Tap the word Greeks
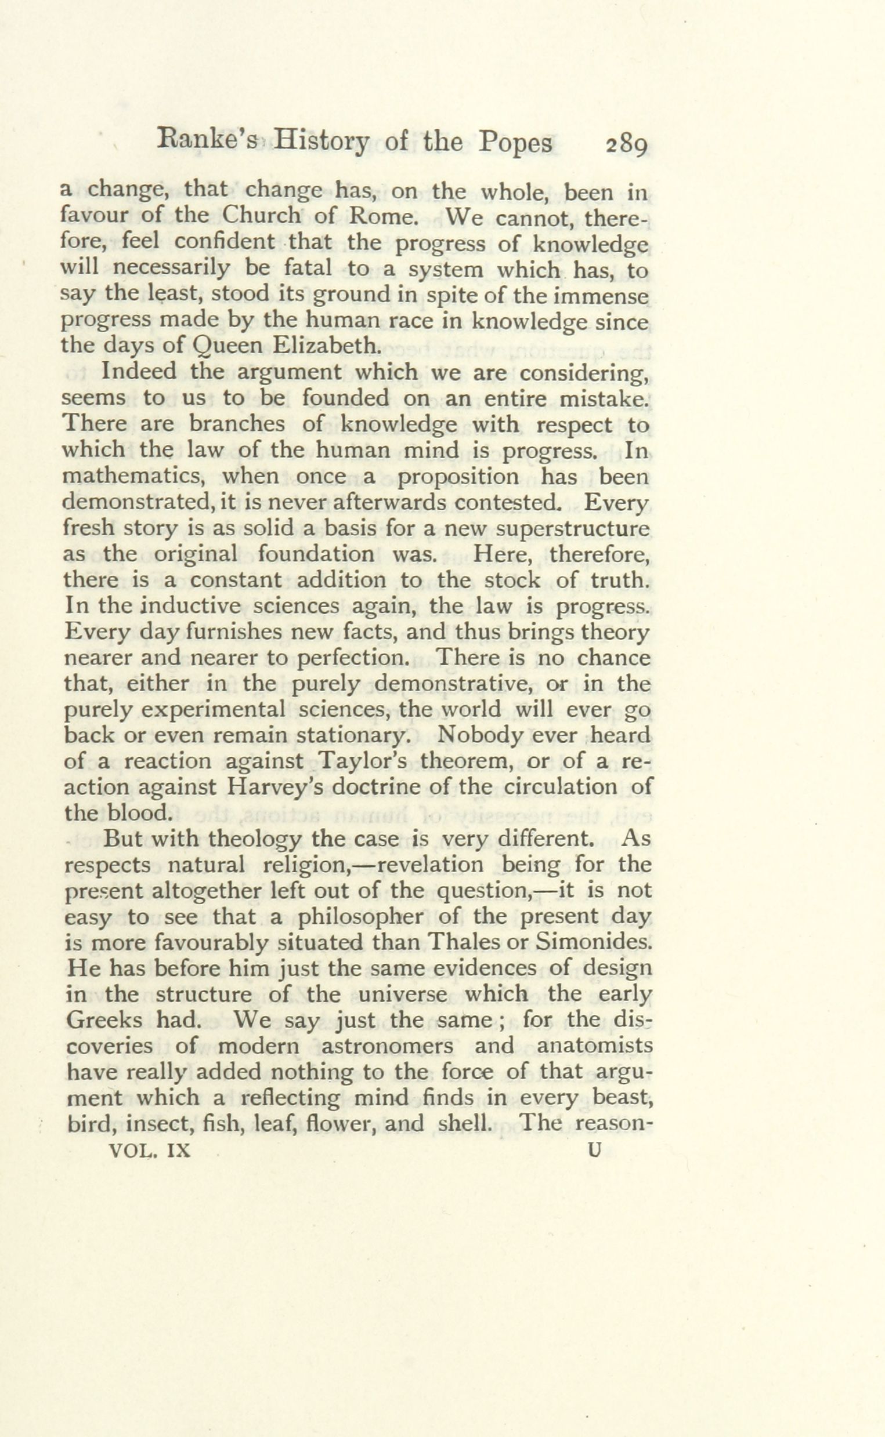point(104,1021)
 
